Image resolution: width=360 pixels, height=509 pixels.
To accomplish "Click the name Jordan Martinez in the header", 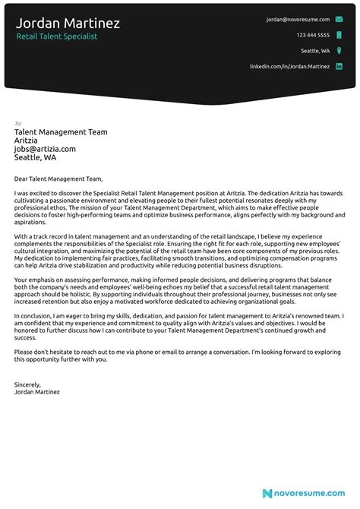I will [x=68, y=23].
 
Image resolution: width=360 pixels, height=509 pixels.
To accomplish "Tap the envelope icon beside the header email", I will [x=339, y=19].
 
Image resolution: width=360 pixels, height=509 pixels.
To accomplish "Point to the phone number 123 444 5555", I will [x=313, y=35].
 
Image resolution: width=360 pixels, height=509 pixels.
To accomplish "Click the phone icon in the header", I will [x=339, y=35].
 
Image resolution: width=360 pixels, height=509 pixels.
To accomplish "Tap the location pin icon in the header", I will [x=339, y=51].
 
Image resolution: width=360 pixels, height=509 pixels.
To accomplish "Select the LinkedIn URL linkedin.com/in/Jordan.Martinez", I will [x=290, y=67].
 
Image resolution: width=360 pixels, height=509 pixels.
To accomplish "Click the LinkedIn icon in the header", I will [x=339, y=67].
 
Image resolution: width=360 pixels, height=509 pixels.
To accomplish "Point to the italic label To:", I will [x=17, y=123].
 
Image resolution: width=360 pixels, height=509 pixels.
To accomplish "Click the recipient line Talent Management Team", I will [x=60, y=132].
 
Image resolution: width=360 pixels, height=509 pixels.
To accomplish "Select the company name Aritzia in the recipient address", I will [x=27, y=141].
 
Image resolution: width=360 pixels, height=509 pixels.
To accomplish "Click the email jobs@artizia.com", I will [x=45, y=149].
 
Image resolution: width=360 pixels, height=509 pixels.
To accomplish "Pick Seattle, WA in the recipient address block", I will [x=35, y=158].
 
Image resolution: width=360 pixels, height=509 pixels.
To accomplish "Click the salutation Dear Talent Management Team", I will [x=57, y=179].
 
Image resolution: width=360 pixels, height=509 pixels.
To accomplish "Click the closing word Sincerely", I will [x=27, y=384].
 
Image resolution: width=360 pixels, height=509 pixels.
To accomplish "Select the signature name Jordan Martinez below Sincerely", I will [x=36, y=392].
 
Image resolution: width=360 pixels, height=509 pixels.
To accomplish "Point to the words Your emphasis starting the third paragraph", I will [x=34, y=280].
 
